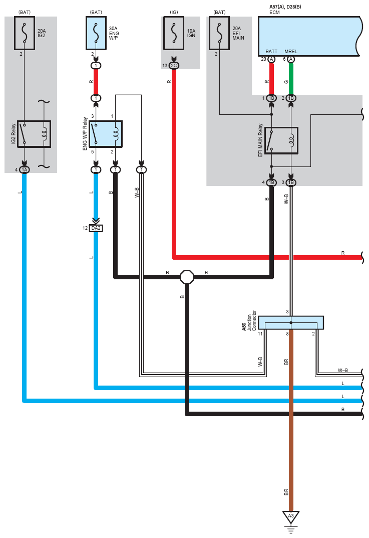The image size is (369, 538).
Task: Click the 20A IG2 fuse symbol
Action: (25, 33)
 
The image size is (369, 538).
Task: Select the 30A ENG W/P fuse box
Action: (96, 33)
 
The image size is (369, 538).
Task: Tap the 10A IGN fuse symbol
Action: (174, 33)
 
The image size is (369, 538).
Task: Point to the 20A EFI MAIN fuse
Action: (219, 33)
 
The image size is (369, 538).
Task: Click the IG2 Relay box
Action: (34, 134)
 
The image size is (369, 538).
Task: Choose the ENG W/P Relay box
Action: (106, 134)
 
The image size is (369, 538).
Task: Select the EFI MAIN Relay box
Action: (281, 141)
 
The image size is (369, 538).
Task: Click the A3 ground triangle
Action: (291, 516)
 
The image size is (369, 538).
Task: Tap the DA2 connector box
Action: (96, 228)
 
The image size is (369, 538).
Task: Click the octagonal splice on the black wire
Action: (187, 277)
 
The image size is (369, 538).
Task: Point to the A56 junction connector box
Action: (290, 322)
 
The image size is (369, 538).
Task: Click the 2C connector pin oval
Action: (174, 66)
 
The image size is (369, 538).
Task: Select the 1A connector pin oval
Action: (25, 170)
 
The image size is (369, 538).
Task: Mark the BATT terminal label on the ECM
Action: (271, 52)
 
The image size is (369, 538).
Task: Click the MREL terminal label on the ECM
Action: (291, 52)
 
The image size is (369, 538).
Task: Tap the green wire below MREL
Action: (291, 79)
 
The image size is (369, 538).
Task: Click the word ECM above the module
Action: (274, 13)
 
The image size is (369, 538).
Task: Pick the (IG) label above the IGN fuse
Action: (174, 12)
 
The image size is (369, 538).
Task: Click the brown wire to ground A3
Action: (291, 420)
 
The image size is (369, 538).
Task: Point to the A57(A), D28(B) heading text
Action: (285, 7)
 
